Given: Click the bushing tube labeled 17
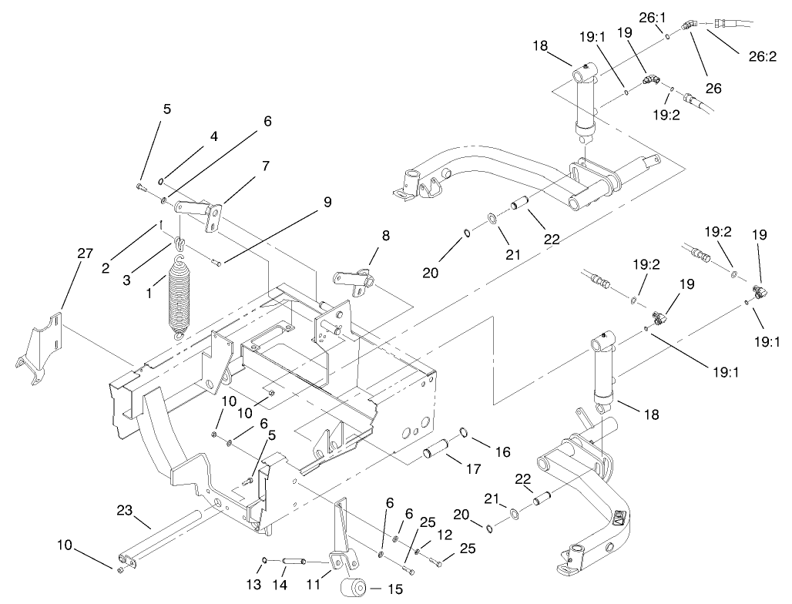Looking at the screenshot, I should click(x=437, y=447).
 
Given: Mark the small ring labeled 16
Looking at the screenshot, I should click(x=465, y=431).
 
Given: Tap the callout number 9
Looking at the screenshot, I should click(x=327, y=202).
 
